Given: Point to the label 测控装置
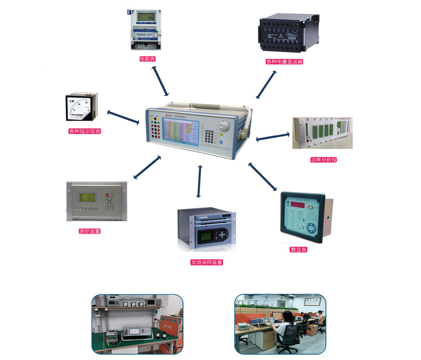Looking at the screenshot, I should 89,231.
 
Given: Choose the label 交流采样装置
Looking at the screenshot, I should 206,262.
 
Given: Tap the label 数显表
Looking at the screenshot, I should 298,249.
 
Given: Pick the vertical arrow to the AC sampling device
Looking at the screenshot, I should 199,181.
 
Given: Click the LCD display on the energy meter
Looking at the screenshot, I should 145,17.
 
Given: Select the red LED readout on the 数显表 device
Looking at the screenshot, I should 302,204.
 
